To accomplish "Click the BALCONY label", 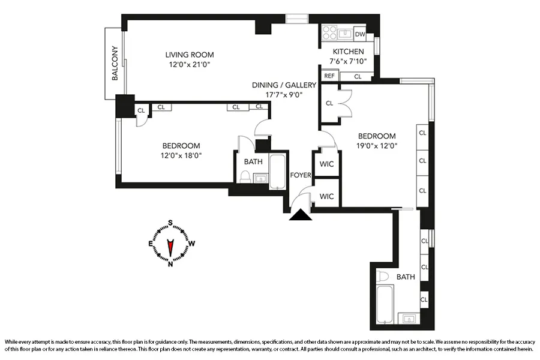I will [x=114, y=64].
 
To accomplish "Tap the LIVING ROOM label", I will [x=190, y=55].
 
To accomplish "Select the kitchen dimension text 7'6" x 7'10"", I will [x=347, y=61].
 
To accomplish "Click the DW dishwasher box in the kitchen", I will [x=360, y=34].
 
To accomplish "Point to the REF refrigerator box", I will [x=329, y=76].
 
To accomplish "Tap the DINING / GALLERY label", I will [x=284, y=85].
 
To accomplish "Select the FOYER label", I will [x=301, y=176].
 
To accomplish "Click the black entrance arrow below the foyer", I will [x=299, y=215].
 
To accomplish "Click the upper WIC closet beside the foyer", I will [x=326, y=164].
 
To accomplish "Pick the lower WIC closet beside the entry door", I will [x=326, y=196].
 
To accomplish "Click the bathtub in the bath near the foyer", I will [x=278, y=172].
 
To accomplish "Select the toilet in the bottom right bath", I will [x=382, y=277].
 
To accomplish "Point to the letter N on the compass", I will [x=171, y=263].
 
